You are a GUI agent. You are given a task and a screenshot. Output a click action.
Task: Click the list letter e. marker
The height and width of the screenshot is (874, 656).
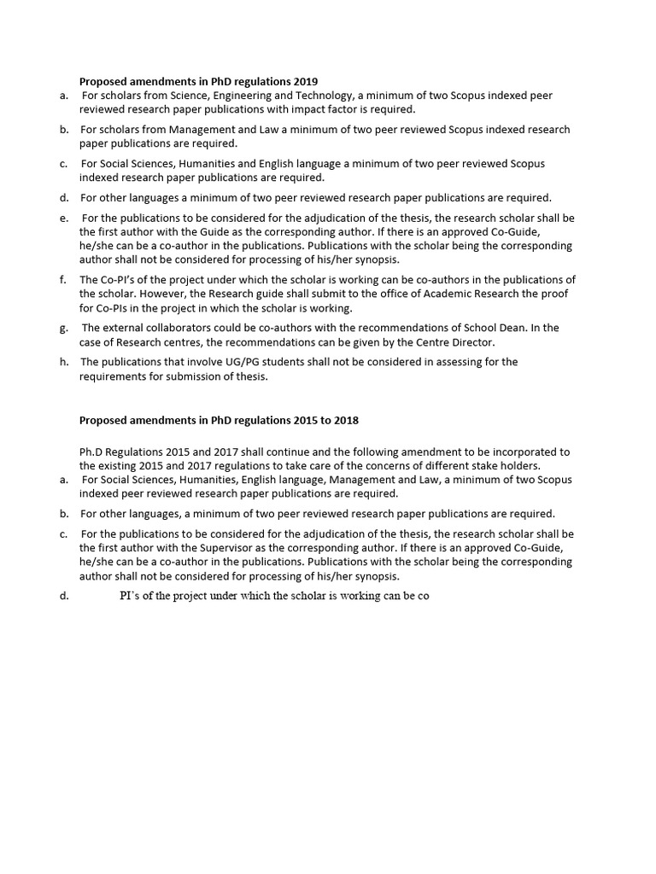point(64,218)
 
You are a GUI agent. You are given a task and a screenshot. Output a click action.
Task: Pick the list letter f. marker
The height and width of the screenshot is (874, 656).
point(64,280)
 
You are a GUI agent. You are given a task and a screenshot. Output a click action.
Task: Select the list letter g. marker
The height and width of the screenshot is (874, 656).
point(64,328)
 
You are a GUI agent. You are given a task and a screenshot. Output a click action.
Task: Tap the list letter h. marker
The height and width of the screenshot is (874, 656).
point(64,362)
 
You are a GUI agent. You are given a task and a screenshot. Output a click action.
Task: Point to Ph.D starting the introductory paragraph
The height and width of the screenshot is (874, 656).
point(91,452)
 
